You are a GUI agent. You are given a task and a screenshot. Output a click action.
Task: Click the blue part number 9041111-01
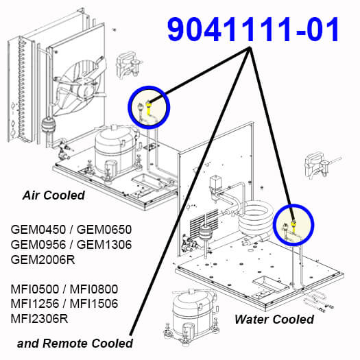pyautogui.click(x=253, y=30)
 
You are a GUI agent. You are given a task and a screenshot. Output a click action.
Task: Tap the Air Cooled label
pyautogui.click(x=53, y=195)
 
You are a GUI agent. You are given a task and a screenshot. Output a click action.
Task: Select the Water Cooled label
pyautogui.click(x=274, y=320)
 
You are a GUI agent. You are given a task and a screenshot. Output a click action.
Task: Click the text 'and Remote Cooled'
pyautogui.click(x=75, y=344)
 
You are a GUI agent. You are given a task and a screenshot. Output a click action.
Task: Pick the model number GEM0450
pyautogui.click(x=38, y=230)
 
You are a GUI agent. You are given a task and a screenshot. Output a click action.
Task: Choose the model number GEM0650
pyautogui.click(x=104, y=230)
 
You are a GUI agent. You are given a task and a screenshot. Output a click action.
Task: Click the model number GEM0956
pyautogui.click(x=38, y=245)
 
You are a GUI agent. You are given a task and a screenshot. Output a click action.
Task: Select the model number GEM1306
pyautogui.click(x=104, y=245)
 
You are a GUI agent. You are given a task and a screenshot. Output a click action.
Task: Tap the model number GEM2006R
pyautogui.click(x=43, y=260)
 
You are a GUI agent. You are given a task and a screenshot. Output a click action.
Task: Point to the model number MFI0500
pyautogui.click(x=35, y=289)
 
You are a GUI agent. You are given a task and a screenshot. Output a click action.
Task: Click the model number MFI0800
pyautogui.click(x=94, y=289)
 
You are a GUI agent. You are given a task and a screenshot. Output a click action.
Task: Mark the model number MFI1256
pyautogui.click(x=35, y=304)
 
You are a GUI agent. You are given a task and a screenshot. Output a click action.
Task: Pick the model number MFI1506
pyautogui.click(x=94, y=304)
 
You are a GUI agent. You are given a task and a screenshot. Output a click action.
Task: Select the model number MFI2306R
pyautogui.click(x=40, y=319)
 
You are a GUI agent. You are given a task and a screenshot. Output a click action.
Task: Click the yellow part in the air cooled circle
pyautogui.click(x=149, y=108)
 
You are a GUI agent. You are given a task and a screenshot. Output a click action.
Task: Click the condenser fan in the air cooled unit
pyautogui.click(x=80, y=86)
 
